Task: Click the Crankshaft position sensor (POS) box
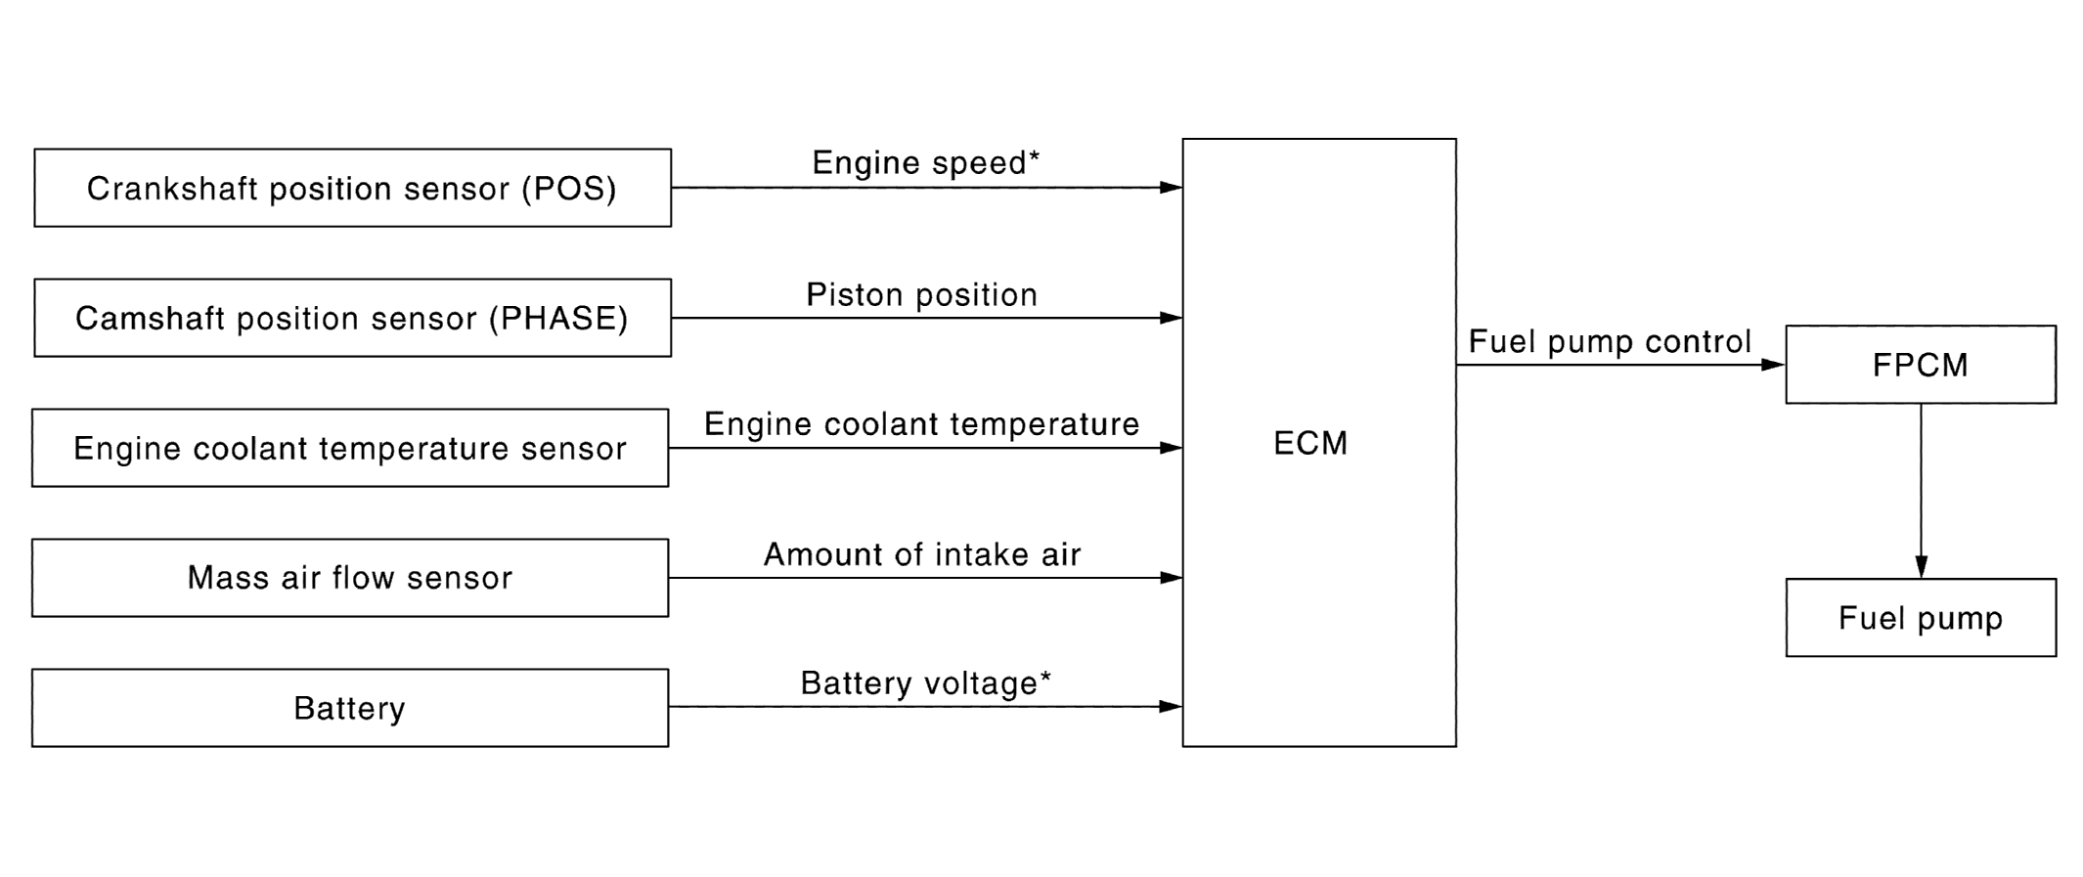[352, 188]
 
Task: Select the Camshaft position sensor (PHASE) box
[352, 318]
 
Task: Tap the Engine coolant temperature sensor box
[350, 448]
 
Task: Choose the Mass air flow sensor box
[350, 578]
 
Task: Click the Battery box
[350, 708]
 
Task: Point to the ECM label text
[1310, 444]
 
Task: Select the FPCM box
[1921, 365]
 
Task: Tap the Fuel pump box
[1921, 618]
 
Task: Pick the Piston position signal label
[921, 294]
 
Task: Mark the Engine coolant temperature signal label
[921, 424]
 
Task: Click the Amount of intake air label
[921, 554]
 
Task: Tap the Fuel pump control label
[1610, 341]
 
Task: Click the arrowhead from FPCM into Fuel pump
[1921, 567]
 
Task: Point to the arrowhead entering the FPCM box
[1772, 365]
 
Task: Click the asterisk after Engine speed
[1034, 155]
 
